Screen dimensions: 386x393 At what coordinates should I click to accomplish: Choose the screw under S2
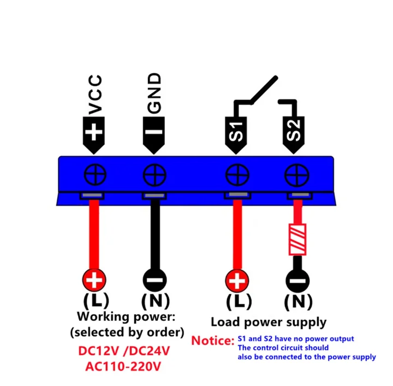point(296,176)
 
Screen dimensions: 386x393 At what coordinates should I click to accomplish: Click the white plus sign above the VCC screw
point(94,132)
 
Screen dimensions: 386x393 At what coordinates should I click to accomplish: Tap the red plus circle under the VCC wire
point(94,281)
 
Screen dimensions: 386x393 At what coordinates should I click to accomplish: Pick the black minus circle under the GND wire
point(154,281)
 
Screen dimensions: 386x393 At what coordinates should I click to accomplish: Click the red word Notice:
point(212,341)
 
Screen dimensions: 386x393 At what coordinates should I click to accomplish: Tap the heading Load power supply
point(269,323)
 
